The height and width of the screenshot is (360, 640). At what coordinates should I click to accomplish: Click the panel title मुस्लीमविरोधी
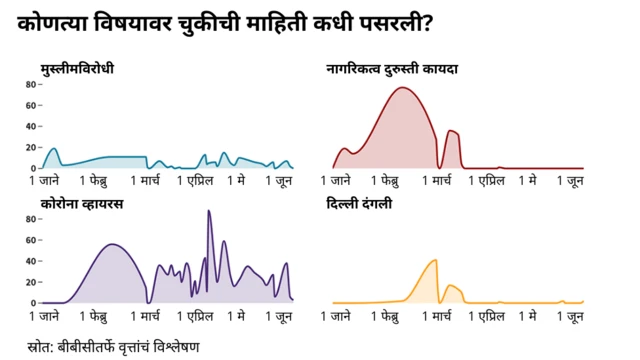click(77, 68)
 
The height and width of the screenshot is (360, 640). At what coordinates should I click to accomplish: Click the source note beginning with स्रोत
click(114, 346)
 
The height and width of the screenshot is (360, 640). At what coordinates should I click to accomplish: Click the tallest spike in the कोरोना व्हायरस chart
click(209, 211)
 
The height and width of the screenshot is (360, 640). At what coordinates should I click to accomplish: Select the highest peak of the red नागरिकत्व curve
click(403, 88)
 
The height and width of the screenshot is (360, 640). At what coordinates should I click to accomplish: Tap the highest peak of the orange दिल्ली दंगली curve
click(435, 260)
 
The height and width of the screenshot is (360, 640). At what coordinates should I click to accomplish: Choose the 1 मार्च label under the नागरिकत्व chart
click(442, 181)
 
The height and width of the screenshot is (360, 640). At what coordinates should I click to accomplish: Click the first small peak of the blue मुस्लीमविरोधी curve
click(53, 149)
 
